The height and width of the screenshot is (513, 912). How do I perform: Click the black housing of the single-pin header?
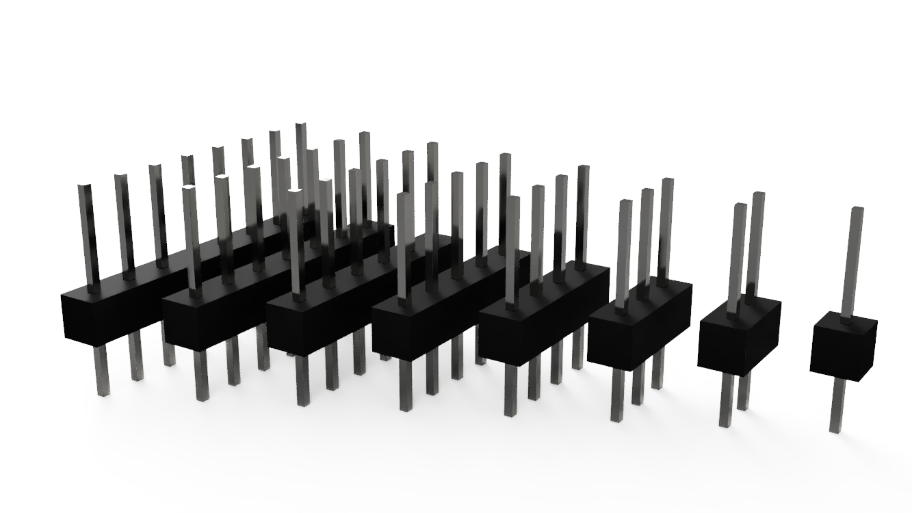click(843, 345)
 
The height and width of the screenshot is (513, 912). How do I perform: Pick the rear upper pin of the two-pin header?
click(755, 239)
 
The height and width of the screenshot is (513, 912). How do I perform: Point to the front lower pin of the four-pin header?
click(510, 390)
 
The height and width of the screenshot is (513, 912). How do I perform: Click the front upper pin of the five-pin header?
click(404, 246)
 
